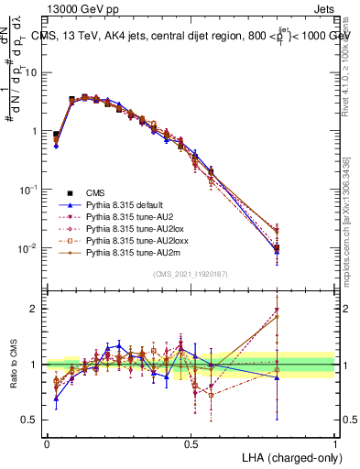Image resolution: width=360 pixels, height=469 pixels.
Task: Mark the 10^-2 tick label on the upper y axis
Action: click(x=29, y=248)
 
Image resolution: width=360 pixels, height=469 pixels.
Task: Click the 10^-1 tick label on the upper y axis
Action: click(x=29, y=190)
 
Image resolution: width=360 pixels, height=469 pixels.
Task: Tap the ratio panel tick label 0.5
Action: click(x=29, y=420)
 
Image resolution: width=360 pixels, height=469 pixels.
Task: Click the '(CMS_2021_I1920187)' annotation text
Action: click(x=191, y=273)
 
